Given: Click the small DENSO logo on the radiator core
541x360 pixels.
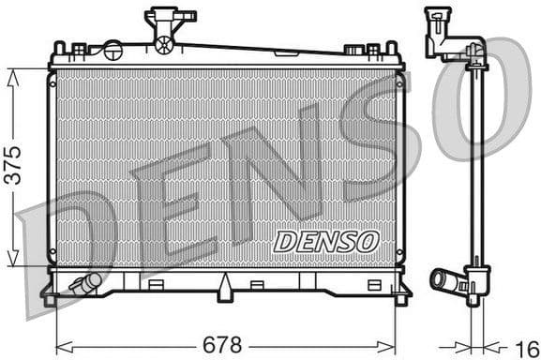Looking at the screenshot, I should point(325,241).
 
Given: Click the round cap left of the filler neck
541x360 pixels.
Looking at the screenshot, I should point(113,50).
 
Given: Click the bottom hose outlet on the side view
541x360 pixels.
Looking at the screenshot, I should point(443,279).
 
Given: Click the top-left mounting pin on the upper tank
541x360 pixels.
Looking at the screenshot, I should point(59,47).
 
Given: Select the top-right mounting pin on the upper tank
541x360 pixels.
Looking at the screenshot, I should point(391,47).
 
